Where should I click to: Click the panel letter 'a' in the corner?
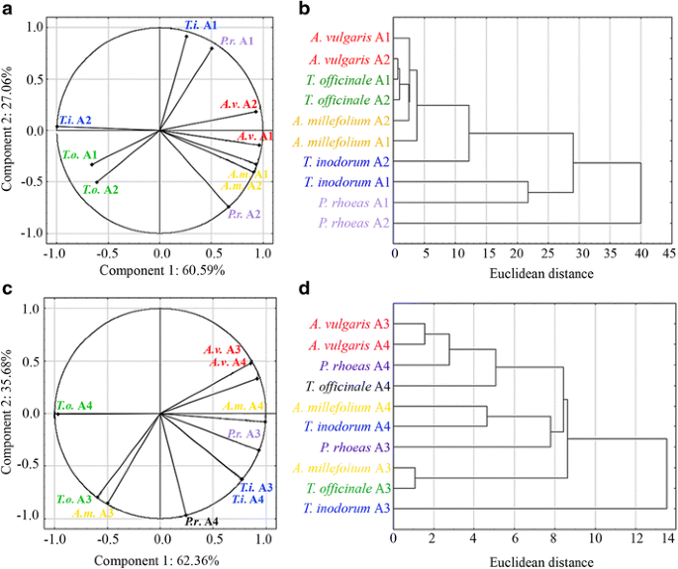7,9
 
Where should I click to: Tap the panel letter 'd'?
305,290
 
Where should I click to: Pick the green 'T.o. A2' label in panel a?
100,188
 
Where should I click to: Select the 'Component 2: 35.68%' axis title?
11,414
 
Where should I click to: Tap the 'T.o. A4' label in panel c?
76,405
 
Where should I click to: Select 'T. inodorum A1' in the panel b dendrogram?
347,182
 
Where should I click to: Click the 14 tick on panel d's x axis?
669,539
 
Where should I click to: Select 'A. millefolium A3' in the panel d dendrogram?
341,467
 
